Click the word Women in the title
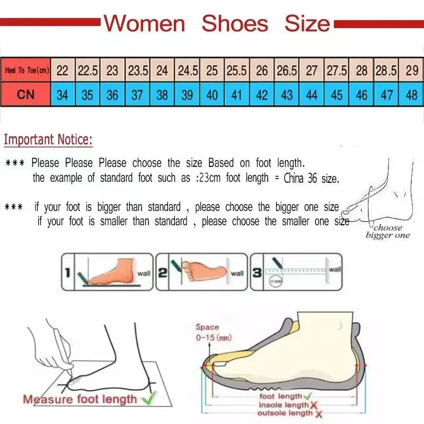tap(144, 24)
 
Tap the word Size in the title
tap(307, 24)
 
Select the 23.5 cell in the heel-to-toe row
tap(137, 70)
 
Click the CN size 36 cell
tap(112, 95)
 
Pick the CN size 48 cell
tap(411, 95)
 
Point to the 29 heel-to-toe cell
tap(411, 70)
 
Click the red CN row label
tap(25, 95)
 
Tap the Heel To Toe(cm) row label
tap(26, 70)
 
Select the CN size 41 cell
tap(237, 95)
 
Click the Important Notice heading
tap(48, 140)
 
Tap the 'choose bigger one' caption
tap(387, 232)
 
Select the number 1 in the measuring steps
tap(67, 272)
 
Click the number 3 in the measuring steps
tap(257, 272)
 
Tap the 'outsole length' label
tap(285, 413)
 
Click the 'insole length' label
tap(283, 405)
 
